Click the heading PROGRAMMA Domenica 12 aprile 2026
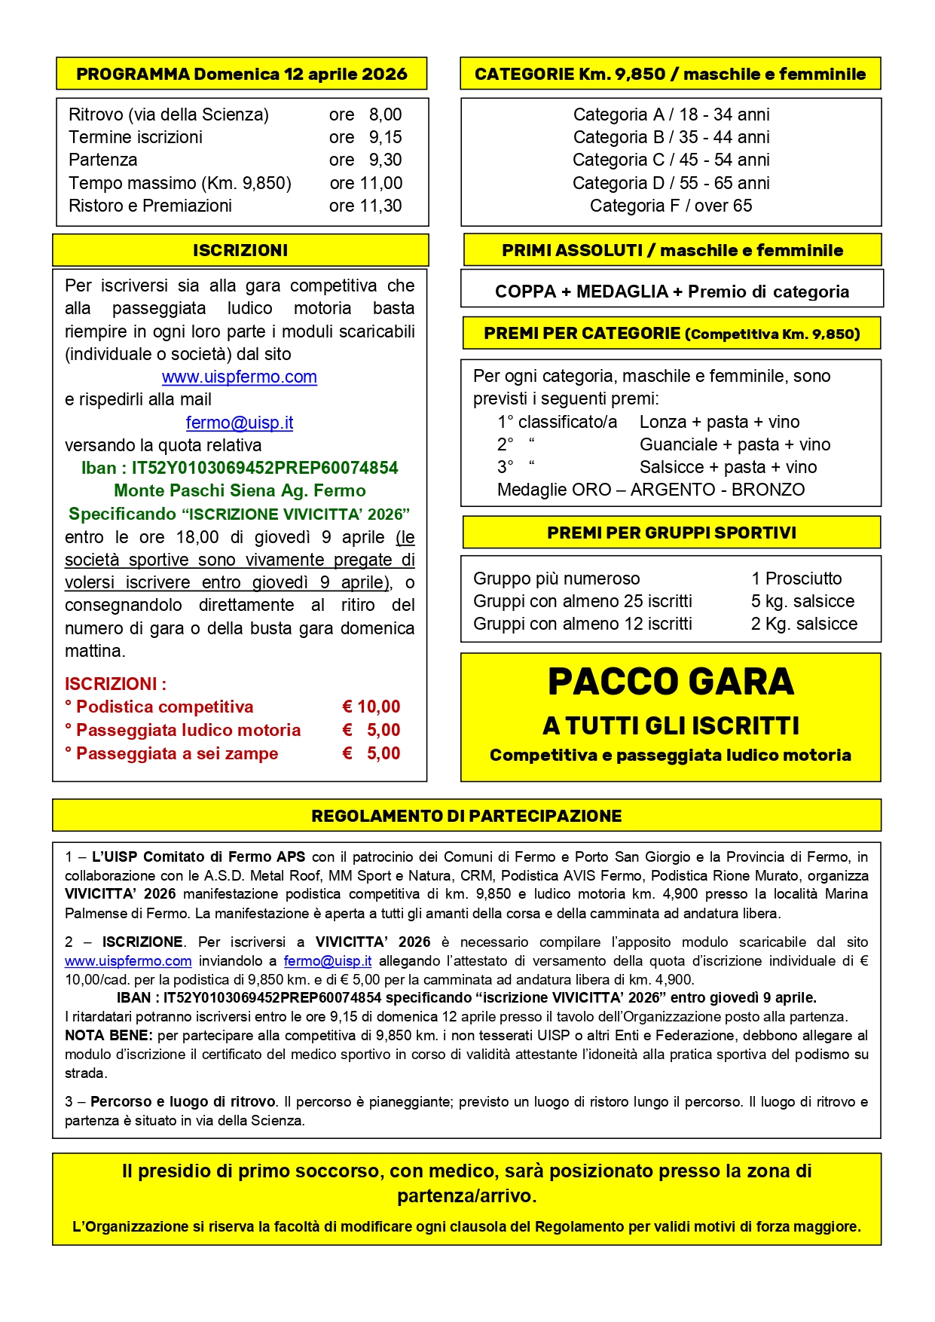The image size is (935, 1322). [241, 74]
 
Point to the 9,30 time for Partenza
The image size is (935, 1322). [385, 160]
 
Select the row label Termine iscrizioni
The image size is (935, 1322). [136, 137]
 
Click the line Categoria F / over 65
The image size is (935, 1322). [671, 206]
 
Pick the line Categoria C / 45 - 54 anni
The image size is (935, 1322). [671, 160]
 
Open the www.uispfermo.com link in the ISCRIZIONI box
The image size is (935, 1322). [240, 377]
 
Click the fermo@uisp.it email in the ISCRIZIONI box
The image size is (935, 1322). [240, 423]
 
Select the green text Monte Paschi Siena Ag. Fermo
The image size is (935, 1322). [240, 490]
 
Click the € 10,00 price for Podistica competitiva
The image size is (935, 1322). [371, 707]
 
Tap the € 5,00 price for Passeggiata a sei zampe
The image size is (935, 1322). [371, 753]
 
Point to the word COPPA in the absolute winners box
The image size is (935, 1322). [524, 292]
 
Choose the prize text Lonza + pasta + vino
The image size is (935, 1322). [720, 422]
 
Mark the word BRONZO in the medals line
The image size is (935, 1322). [768, 490]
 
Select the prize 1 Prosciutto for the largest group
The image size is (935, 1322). [796, 579]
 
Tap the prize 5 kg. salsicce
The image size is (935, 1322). [802, 601]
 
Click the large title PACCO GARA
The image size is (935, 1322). [671, 682]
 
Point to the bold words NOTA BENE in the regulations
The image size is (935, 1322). [108, 1036]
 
